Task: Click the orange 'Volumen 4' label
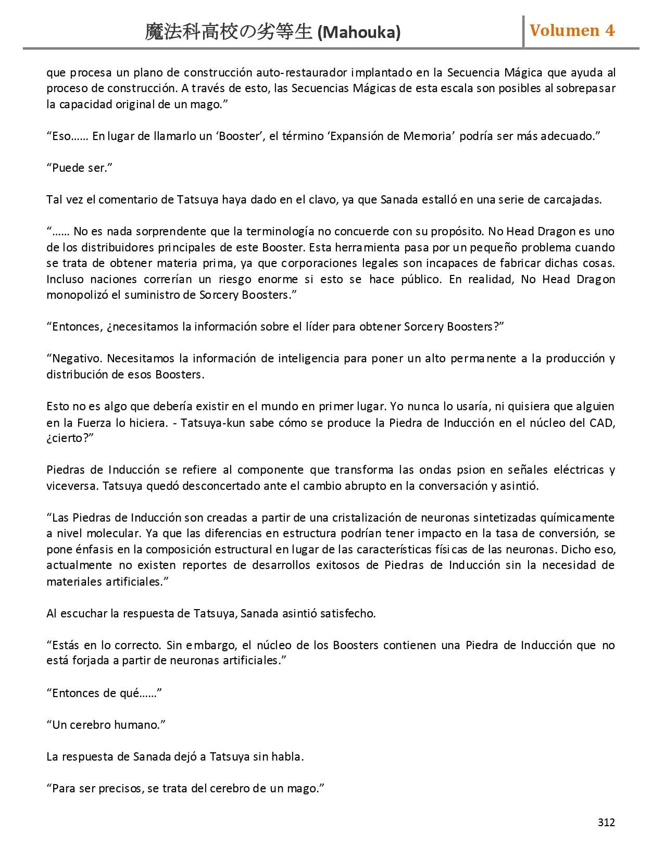point(572,31)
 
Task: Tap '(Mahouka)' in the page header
point(359,33)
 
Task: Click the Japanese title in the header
point(229,32)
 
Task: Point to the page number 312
point(606,822)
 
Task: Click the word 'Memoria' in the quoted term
point(427,136)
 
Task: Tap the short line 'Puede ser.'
point(80,168)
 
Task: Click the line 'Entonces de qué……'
point(104,693)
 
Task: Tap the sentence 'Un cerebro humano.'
point(106,725)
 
